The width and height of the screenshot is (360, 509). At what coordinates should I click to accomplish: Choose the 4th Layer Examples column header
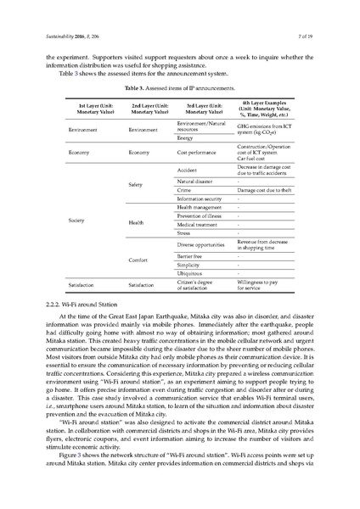(264, 108)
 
